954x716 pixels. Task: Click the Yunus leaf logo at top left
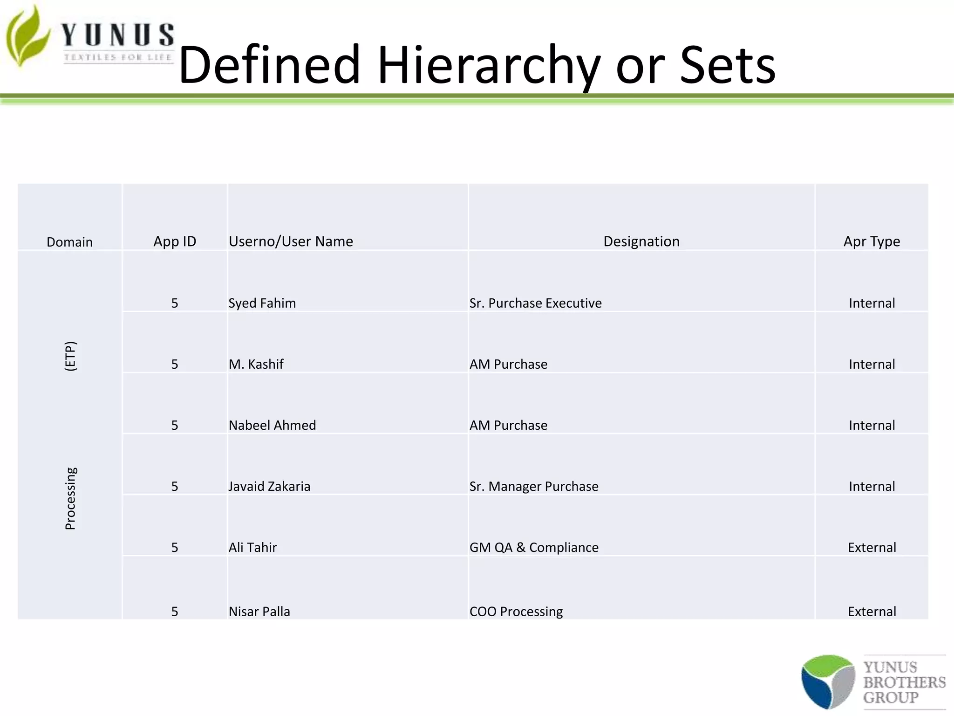click(x=28, y=36)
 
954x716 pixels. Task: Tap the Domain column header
click(x=69, y=242)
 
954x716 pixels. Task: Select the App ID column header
click(x=175, y=241)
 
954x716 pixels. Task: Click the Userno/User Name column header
click(x=291, y=241)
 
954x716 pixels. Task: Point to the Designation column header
click(x=641, y=241)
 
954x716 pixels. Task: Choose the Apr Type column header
click(x=871, y=241)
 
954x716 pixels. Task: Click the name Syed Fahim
click(x=262, y=303)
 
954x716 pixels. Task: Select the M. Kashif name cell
click(x=256, y=365)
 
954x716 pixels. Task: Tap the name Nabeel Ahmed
click(x=272, y=426)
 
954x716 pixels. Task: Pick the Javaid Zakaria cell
click(x=269, y=487)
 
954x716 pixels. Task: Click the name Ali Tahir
click(x=252, y=548)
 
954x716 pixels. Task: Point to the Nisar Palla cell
click(x=259, y=612)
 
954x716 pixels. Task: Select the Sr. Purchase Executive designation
click(x=535, y=303)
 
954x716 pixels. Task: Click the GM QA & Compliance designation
click(x=534, y=548)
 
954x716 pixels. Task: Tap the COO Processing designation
click(x=516, y=612)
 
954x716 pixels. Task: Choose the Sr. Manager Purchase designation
click(x=534, y=487)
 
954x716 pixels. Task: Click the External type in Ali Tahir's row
click(x=872, y=548)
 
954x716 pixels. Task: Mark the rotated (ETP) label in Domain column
click(x=70, y=356)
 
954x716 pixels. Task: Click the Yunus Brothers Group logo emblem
click(x=828, y=682)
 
